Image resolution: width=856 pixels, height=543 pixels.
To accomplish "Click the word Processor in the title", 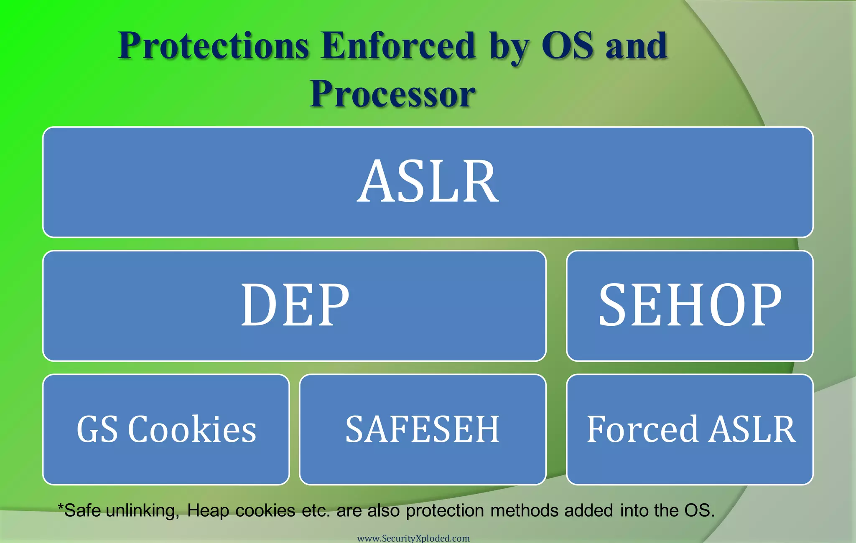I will tap(392, 94).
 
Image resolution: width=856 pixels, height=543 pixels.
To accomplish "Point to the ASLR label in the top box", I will tap(428, 182).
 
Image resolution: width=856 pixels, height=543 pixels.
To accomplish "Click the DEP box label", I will tap(295, 305).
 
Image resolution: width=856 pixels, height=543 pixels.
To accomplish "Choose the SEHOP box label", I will tap(690, 305).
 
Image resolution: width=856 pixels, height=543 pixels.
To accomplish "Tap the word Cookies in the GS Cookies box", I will tap(192, 429).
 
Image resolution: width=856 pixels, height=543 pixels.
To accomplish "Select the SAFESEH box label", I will tap(422, 429).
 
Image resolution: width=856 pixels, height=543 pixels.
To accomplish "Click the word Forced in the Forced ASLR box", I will tap(642, 429).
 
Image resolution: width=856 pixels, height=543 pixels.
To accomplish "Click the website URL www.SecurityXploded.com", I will tap(413, 538).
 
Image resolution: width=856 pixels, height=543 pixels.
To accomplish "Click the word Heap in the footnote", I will tap(208, 511).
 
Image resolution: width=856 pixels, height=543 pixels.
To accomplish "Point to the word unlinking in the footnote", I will tap(143, 511).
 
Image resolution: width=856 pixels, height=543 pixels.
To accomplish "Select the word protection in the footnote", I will tap(445, 511).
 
